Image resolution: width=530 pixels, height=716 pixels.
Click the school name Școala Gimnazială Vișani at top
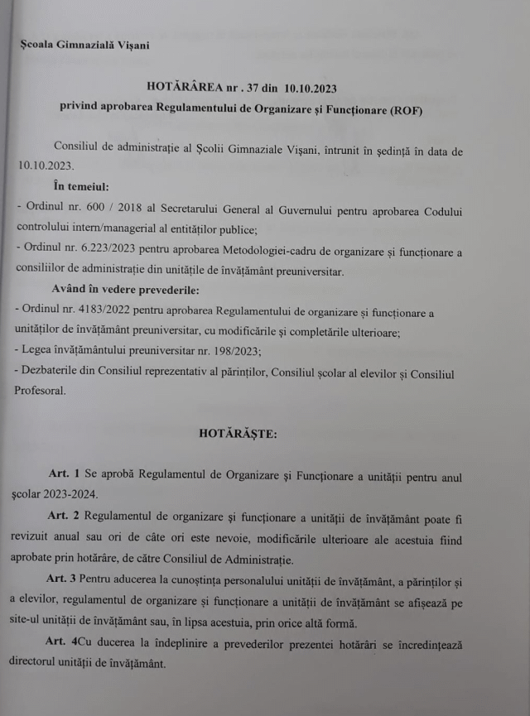pos(85,44)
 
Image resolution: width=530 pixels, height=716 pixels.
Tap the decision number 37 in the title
pos(253,86)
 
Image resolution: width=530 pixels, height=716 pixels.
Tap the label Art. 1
pos(64,473)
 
